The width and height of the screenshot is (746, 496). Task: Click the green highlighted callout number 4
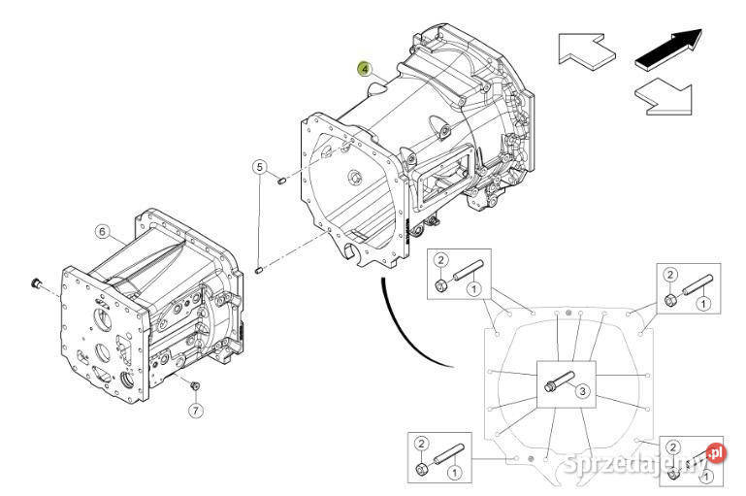364,68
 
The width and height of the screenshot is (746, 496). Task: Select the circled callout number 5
259,166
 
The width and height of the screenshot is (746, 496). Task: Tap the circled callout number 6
102,231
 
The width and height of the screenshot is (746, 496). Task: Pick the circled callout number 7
195,411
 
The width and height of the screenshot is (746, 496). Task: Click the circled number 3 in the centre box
582,391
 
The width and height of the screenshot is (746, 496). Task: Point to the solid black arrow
667,48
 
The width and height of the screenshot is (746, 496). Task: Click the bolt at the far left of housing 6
37,284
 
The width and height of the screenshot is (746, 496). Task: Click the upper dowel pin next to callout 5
278,178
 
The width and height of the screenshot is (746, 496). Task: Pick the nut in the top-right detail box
669,300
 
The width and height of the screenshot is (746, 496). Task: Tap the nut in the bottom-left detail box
423,470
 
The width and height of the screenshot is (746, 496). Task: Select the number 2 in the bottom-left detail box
420,444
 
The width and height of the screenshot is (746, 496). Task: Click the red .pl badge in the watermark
716,451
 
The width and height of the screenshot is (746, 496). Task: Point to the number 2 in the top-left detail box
439,259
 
